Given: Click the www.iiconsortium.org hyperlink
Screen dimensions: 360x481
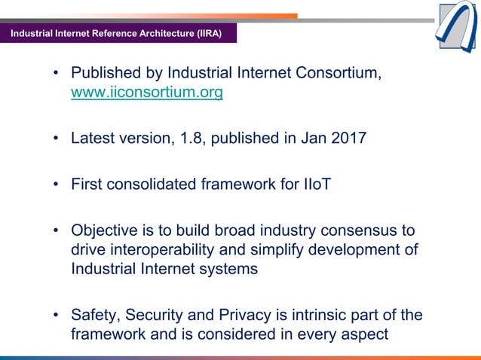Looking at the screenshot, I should click(146, 93).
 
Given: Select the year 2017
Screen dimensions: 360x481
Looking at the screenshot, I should click(345, 139).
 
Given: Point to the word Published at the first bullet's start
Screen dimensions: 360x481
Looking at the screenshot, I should click(106, 74).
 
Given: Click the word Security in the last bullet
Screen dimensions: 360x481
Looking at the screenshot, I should click(173, 315).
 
